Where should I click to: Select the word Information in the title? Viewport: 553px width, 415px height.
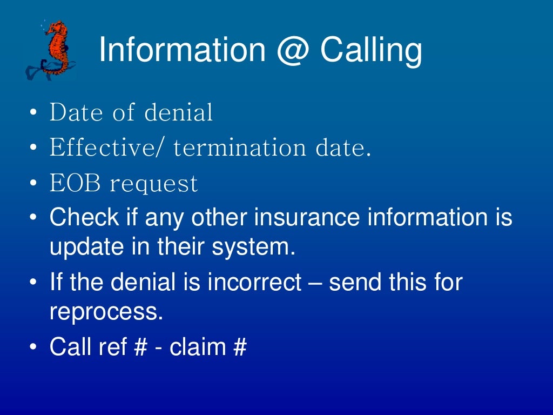click(x=181, y=50)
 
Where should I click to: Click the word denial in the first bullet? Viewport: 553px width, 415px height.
click(x=179, y=112)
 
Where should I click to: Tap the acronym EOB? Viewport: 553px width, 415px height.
click(x=75, y=184)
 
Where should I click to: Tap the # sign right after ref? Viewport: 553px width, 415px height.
click(x=139, y=346)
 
